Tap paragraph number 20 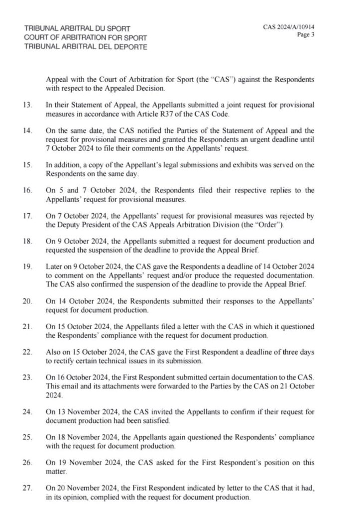[28, 302]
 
